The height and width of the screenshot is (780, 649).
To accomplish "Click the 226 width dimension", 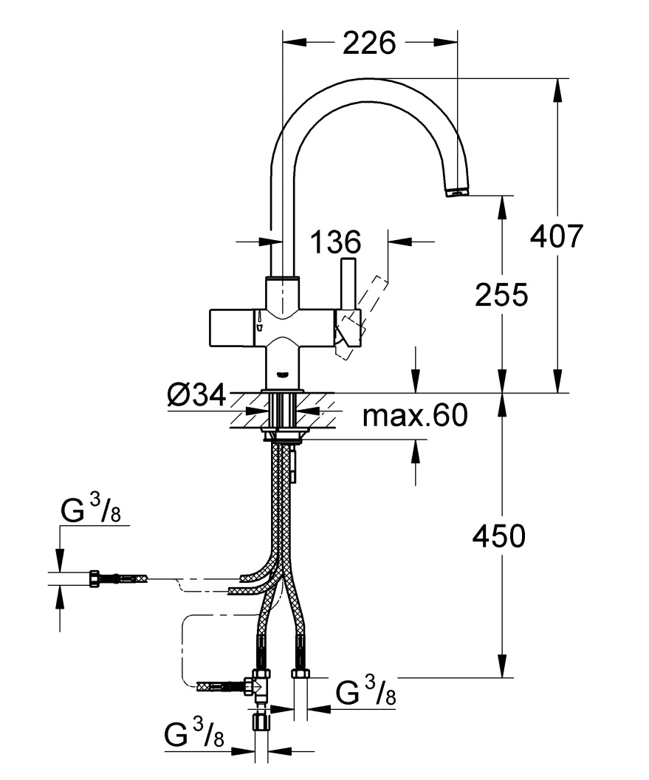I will point(369,44).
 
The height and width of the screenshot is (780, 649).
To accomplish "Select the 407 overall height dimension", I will point(557,237).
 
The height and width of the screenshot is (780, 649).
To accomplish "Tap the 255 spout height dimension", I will point(502,295).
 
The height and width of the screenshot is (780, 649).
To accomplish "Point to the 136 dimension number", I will point(335,242).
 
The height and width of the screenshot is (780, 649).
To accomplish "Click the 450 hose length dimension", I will point(499,536).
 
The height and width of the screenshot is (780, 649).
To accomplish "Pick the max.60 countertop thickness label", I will point(415,417).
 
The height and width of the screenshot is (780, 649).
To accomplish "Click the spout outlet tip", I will point(458,192).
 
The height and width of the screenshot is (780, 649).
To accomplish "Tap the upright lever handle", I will point(348,284).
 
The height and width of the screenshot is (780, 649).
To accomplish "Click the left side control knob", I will point(233,326).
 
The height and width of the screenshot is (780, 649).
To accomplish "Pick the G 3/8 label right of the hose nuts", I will point(366,693).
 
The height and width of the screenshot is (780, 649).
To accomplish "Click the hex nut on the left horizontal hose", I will point(95,578).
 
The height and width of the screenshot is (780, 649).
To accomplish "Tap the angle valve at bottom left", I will point(260,687).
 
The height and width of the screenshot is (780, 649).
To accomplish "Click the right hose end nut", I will point(301,673).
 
